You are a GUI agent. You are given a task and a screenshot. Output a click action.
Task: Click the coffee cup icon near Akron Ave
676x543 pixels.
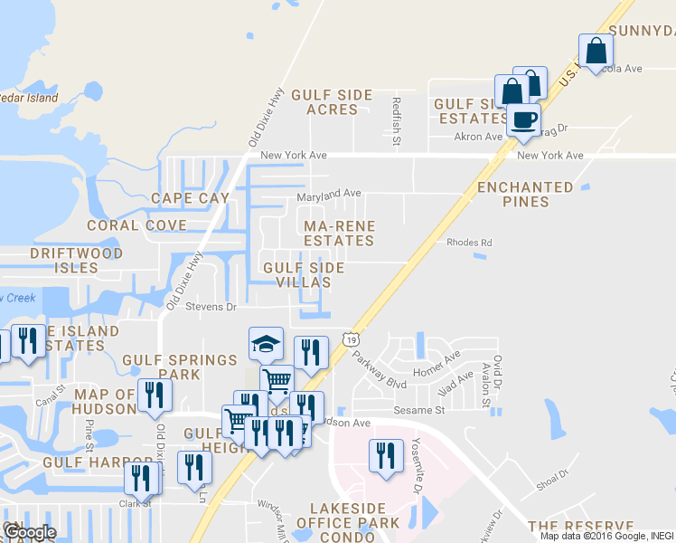[523, 119]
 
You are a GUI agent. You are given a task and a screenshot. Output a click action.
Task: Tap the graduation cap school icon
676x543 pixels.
[266, 344]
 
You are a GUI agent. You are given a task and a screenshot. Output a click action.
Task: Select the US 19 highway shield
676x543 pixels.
[351, 338]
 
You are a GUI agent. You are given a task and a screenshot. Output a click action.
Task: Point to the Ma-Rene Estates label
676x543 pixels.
[339, 233]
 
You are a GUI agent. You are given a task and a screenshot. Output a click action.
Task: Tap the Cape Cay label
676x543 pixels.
[185, 198]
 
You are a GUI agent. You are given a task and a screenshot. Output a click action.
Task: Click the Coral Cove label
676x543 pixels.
[136, 225]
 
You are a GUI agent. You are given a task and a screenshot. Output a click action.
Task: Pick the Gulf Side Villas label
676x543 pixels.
[304, 274]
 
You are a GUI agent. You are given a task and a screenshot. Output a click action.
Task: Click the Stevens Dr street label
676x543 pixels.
[211, 307]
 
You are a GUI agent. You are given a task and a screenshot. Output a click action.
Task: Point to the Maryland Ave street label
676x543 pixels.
[330, 194]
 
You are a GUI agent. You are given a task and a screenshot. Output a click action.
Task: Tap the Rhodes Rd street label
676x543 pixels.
[469, 243]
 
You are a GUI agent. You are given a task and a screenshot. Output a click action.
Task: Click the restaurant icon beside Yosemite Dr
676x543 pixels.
[386, 455]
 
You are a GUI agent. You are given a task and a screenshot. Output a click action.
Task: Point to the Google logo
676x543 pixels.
[30, 532]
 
